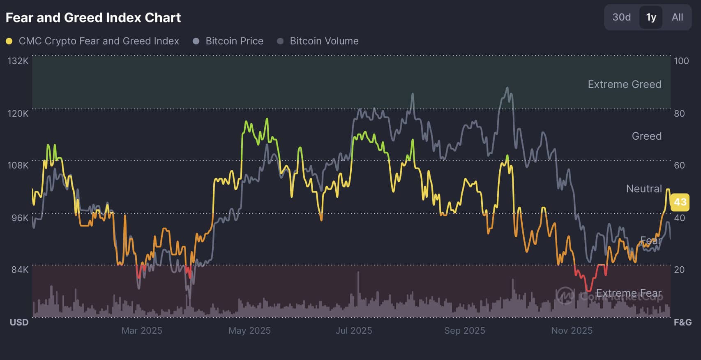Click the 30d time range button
621,17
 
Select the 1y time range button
651,17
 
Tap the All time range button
677,17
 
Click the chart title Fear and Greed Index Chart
93,18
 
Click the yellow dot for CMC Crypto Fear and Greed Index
9,41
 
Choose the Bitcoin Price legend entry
234,41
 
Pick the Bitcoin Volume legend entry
324,41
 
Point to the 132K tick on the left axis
18,61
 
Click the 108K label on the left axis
18,165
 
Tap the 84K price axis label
20,270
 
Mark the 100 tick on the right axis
681,61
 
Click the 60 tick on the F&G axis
679,165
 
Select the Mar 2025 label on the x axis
142,330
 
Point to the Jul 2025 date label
354,330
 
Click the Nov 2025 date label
572,330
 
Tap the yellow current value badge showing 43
680,202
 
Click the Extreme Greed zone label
625,84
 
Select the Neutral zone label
644,189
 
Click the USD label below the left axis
19,322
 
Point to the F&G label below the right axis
683,322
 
